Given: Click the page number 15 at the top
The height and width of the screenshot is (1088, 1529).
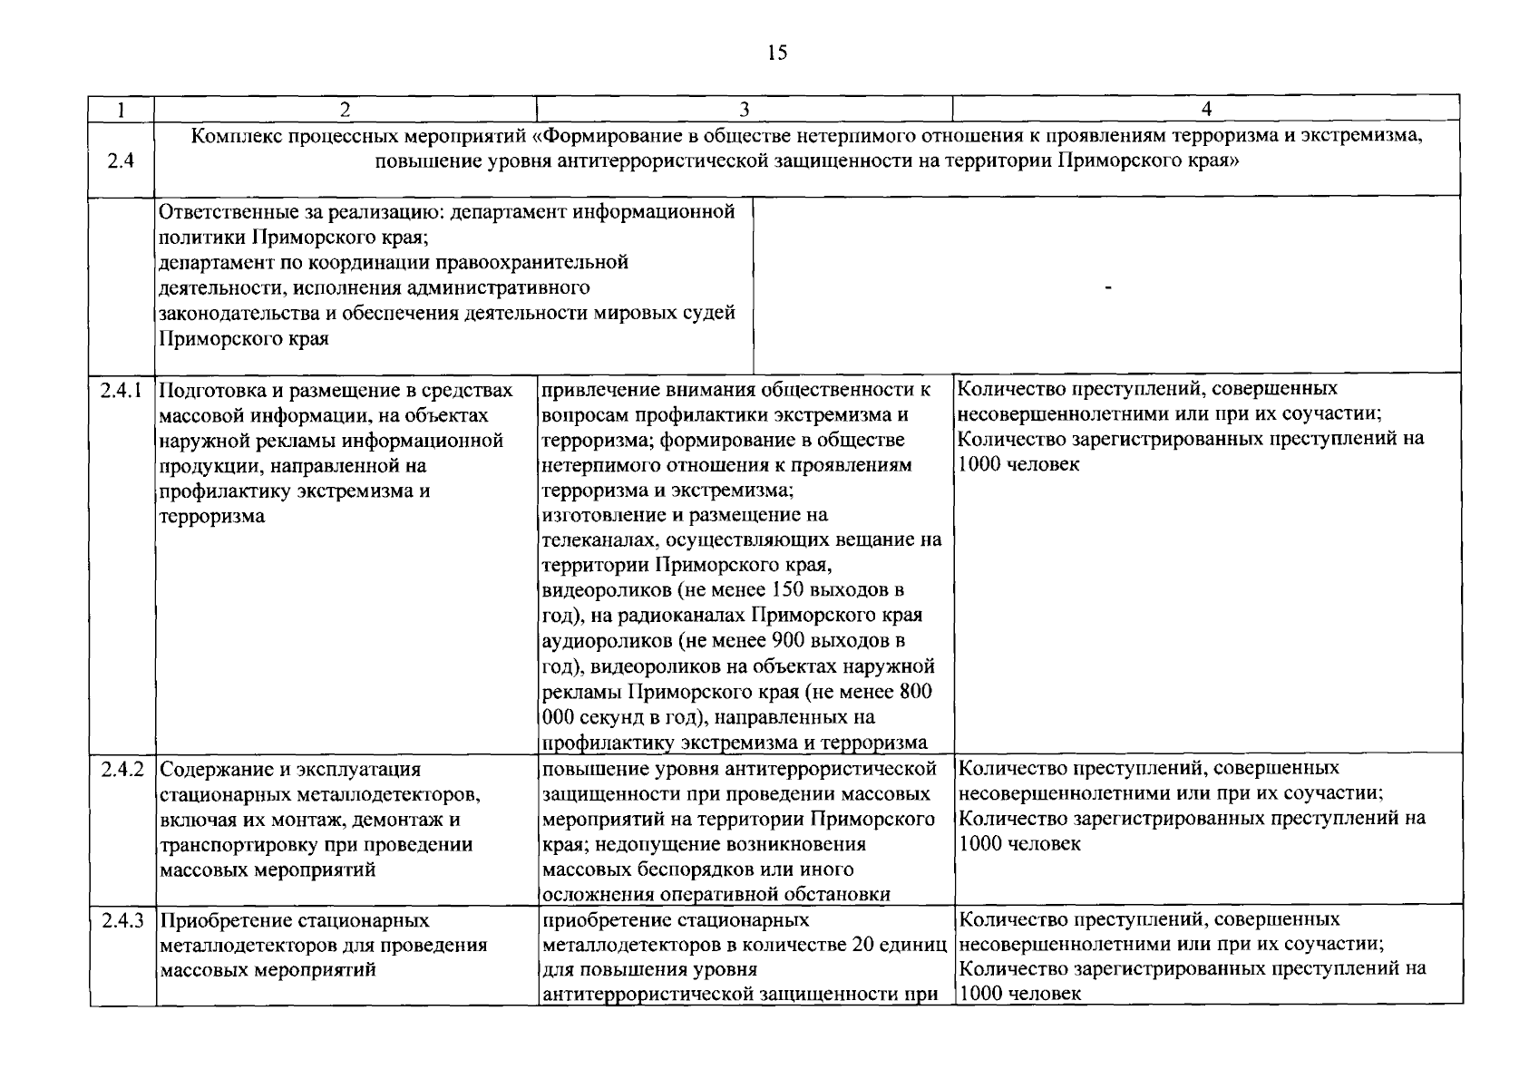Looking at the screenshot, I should click(777, 53).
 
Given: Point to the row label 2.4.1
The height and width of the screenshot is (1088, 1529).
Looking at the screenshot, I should click(122, 391).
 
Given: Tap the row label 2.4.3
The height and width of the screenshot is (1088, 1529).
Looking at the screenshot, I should click(122, 920).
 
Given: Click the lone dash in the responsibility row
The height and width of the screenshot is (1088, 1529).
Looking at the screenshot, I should click(1107, 288).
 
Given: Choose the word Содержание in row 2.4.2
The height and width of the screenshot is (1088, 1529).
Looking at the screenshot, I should click(211, 770).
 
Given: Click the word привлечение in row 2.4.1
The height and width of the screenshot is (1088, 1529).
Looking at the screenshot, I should click(600, 391).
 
